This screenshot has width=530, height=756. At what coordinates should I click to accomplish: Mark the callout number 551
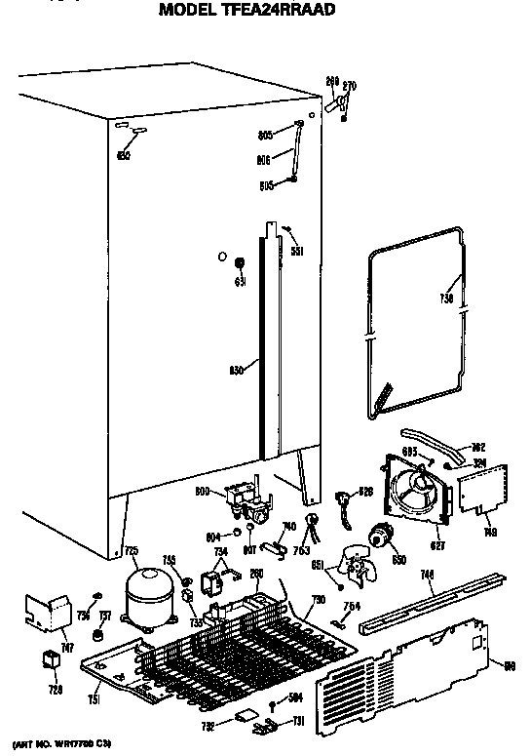(x=298, y=251)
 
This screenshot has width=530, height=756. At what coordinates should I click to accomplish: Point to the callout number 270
(x=350, y=88)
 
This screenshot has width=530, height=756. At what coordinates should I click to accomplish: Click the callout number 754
(x=353, y=607)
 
